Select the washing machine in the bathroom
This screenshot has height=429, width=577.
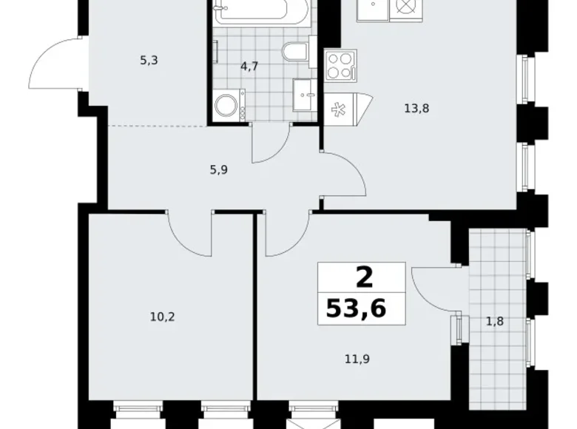tap(228, 106)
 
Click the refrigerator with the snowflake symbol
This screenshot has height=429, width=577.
tap(341, 108)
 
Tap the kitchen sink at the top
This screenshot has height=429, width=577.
tap(372, 10)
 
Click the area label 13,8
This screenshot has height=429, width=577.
tap(416, 108)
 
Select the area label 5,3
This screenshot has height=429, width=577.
tap(149, 60)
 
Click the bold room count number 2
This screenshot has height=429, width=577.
tap(363, 278)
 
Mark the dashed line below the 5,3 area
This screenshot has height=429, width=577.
tap(156, 126)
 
